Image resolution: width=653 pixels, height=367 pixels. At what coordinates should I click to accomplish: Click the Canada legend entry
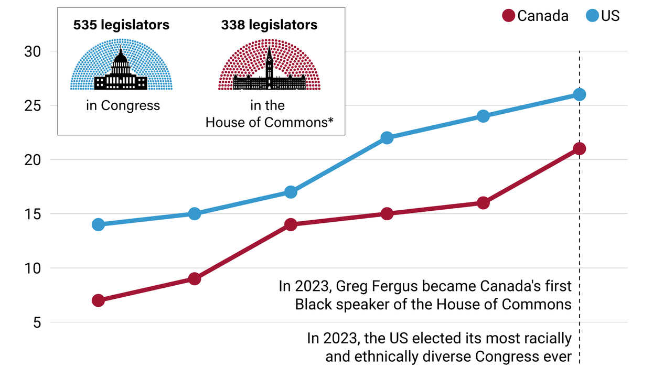535,16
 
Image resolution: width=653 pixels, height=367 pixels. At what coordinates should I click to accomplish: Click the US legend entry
603,16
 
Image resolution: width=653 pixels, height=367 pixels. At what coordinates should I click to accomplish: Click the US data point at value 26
580,94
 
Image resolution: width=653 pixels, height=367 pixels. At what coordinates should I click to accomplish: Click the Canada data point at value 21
580,149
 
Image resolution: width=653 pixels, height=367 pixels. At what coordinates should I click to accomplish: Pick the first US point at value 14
98,224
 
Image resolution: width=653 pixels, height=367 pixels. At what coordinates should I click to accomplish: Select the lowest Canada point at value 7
98,300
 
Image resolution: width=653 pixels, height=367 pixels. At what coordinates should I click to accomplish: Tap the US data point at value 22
387,138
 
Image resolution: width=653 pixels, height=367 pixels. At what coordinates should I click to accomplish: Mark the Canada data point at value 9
195,279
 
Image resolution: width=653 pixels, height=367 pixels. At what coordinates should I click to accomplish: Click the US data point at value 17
291,192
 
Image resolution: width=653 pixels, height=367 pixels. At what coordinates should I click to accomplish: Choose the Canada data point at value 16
483,203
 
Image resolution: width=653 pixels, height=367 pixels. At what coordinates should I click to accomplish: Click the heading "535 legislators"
121,25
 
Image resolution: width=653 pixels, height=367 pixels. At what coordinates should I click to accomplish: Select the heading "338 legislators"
269,25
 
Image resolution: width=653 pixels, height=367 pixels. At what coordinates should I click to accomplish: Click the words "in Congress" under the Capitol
123,105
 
